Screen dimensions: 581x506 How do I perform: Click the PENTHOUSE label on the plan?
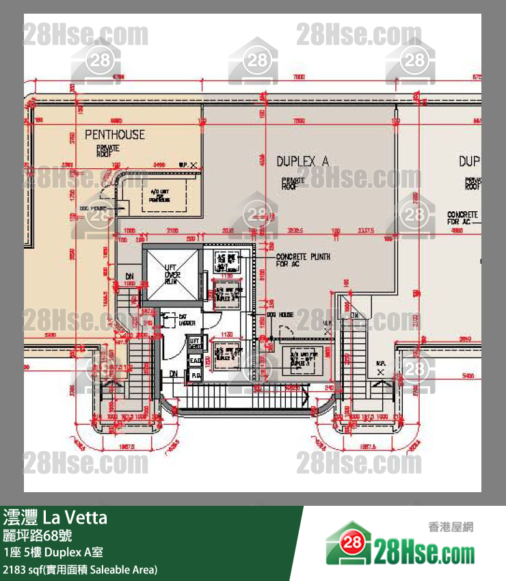click(x=114, y=135)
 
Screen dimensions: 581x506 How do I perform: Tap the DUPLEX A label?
click(x=302, y=161)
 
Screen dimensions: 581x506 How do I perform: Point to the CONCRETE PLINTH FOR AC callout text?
click(x=303, y=260)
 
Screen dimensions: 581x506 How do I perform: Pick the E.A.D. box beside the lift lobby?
click(x=194, y=361)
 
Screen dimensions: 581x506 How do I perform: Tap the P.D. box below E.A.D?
click(x=194, y=375)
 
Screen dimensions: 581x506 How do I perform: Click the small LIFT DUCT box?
click(x=195, y=344)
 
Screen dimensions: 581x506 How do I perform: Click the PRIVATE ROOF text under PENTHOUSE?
click(x=108, y=150)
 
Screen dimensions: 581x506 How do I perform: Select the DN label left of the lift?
click(x=129, y=278)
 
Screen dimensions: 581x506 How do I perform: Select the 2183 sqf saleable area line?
click(x=81, y=569)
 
